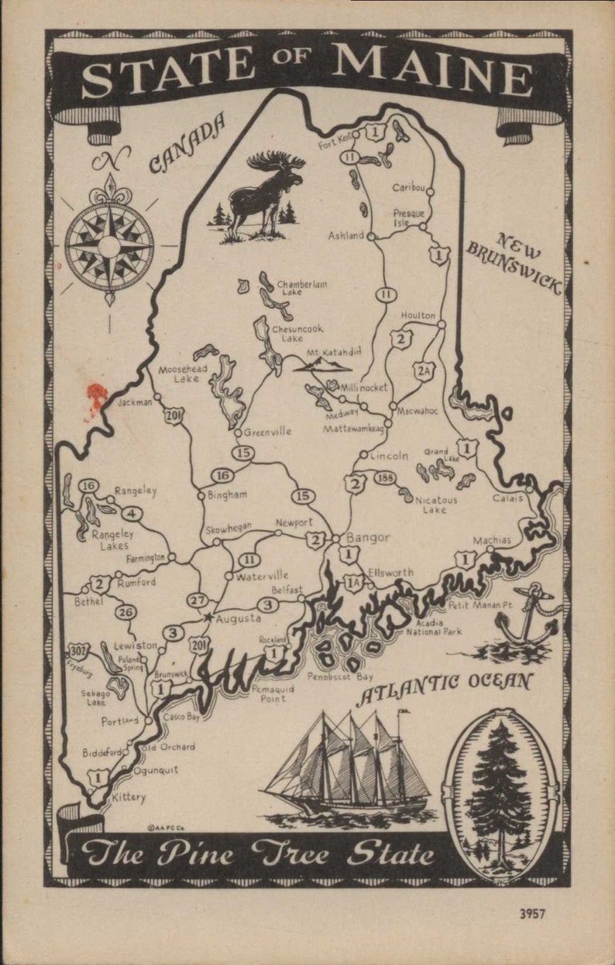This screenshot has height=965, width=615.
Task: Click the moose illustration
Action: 267,193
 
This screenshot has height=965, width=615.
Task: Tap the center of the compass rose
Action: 109,247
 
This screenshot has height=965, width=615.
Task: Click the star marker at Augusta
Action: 208,618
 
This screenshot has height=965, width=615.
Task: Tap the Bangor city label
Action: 367,537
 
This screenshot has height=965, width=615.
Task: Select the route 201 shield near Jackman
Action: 174,416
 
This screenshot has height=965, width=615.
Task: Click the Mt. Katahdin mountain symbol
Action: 321,363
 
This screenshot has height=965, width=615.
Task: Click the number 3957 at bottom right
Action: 532,913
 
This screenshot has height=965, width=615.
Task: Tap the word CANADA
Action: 187,143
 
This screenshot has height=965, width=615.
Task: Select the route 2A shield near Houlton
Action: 423,371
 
